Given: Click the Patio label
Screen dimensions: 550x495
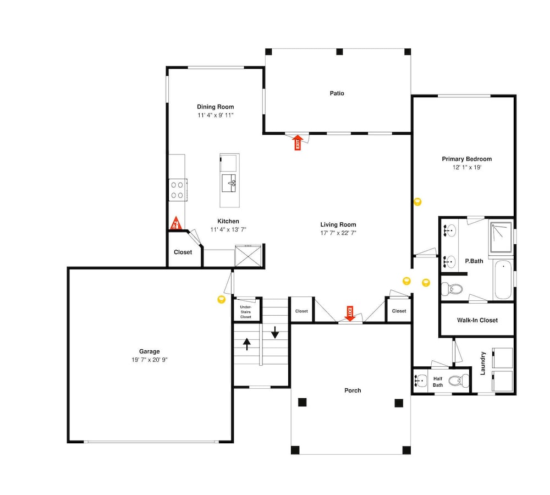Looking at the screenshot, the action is (x=337, y=94).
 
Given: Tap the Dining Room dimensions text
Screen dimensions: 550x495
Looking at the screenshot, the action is (x=216, y=116).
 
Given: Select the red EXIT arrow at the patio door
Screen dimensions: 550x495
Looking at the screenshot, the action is (x=298, y=142).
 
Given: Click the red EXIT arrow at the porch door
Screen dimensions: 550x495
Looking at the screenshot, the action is (x=350, y=313).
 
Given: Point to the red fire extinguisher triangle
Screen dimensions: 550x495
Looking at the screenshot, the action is (x=176, y=223).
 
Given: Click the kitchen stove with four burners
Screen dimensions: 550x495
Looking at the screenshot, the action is (x=178, y=190).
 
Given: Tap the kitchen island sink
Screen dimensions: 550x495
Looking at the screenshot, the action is (x=229, y=183).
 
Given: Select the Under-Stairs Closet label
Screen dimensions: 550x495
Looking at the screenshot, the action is (x=245, y=312).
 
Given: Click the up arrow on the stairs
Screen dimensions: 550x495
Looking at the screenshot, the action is (x=247, y=344).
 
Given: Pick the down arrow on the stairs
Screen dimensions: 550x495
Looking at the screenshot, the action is (x=275, y=332).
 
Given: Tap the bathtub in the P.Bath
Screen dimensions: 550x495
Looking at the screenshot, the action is (x=503, y=279).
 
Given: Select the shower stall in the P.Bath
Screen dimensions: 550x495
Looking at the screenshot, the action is (x=501, y=237).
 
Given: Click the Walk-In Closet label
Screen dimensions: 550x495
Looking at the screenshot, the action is (x=477, y=320).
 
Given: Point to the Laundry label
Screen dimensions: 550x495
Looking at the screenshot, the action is (x=483, y=364).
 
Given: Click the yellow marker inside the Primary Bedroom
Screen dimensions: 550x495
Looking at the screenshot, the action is (x=417, y=202).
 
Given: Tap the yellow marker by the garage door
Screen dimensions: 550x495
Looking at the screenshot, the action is (x=221, y=299).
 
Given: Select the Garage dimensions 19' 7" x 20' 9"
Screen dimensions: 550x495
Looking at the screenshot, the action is (x=150, y=360).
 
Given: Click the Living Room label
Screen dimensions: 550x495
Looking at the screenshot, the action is (x=338, y=224).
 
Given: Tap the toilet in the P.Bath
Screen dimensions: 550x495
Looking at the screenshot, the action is (x=452, y=289).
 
